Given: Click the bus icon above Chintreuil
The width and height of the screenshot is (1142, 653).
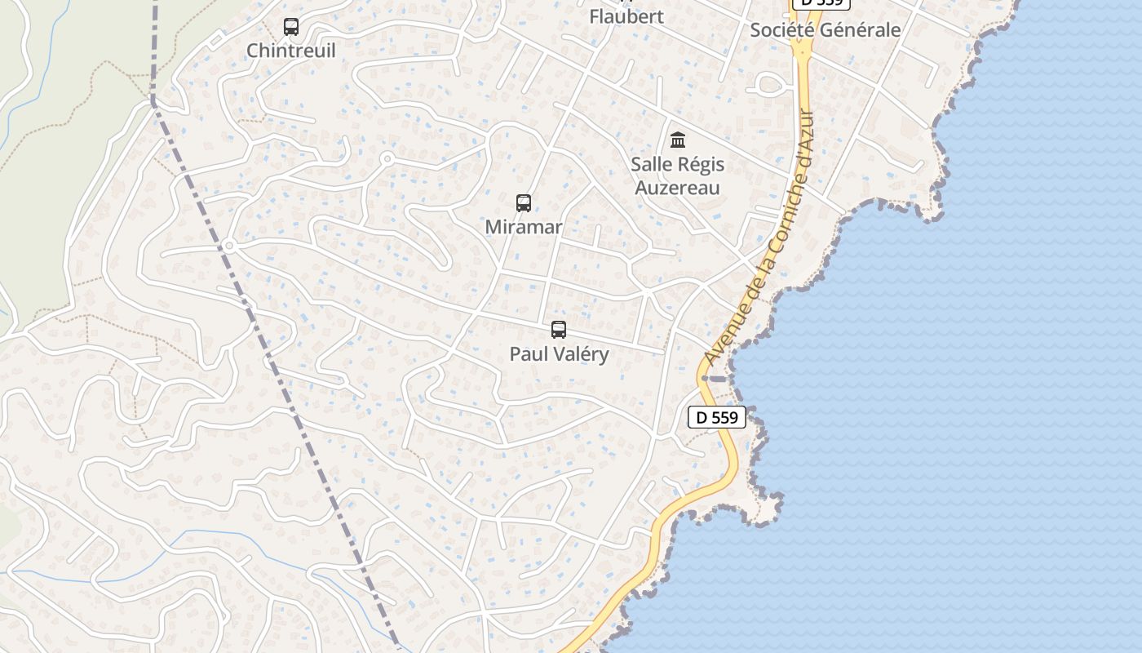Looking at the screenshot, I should point(291,27).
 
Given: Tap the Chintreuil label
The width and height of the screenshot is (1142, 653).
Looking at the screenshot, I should point(291,51).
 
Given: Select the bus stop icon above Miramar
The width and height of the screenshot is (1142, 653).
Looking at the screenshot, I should point(524,203).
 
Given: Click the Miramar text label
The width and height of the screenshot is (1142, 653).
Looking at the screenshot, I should point(524,227).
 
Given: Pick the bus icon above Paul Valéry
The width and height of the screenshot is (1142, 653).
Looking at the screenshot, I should point(559,330).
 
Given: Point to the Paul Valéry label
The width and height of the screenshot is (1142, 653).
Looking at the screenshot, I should point(559,354).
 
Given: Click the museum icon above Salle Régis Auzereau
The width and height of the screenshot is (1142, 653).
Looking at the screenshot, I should point(677,140).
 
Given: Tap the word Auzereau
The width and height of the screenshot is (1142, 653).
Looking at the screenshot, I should point(677,188).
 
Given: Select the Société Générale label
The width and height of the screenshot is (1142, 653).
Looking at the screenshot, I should point(825,30).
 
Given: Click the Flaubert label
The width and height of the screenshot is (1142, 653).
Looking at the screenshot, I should point(626,16).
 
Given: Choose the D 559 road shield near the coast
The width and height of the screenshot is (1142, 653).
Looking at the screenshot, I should point(717,418).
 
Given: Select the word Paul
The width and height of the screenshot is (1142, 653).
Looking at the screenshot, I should point(527,354).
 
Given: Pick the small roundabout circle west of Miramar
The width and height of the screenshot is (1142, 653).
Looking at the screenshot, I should point(387,158).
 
